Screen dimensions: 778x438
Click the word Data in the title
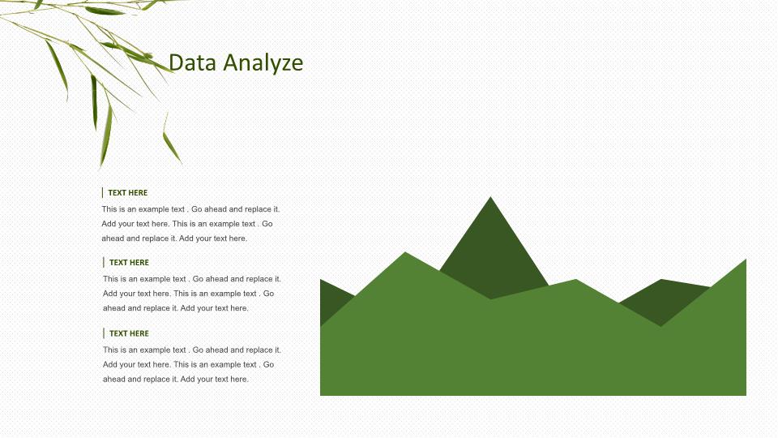tap(193, 62)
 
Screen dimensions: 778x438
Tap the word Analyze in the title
tap(263, 63)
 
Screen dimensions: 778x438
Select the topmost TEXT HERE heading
tap(127, 193)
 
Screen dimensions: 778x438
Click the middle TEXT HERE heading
tap(129, 262)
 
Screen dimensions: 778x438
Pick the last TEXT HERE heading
tap(129, 333)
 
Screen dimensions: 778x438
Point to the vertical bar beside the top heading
tap(102, 193)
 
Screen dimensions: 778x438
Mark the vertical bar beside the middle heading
tap(103, 262)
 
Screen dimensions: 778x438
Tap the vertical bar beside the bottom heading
tap(103, 333)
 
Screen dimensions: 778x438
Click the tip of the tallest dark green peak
tap(491, 197)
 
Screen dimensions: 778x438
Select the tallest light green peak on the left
tap(405, 253)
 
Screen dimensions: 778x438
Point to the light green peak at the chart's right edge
tap(746, 260)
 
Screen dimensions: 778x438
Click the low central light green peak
tap(576, 280)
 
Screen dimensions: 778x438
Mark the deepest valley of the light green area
tap(661, 326)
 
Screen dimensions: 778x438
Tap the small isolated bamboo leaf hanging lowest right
tap(172, 147)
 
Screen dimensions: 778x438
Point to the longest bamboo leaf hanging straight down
tap(106, 134)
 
